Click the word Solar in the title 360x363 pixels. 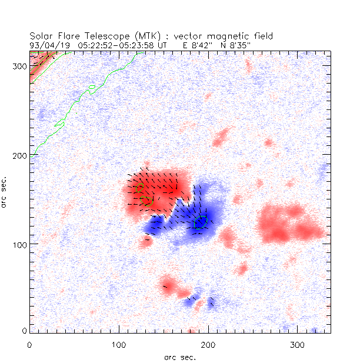pos(41,36)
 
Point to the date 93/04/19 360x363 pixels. pos(47,44)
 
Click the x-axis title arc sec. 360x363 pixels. pos(179,357)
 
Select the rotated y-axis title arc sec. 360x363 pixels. pos(5,191)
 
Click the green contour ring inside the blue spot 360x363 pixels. pos(201,222)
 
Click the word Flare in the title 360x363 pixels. pos(68,36)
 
